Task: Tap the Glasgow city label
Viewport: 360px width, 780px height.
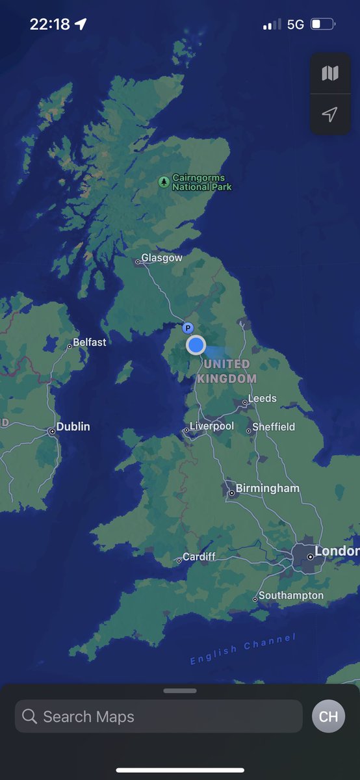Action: (162, 258)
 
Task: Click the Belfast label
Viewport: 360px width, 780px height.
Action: (89, 342)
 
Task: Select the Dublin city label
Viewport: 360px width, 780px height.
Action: (73, 427)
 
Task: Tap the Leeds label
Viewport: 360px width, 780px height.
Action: (262, 398)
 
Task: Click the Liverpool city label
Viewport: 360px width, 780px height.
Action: (211, 426)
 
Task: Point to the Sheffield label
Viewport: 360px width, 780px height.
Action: (273, 427)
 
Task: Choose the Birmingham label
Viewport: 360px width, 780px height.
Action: (267, 488)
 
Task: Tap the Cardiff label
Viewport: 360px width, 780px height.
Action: (198, 557)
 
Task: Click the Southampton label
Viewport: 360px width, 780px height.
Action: (290, 595)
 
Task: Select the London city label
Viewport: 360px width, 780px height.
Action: (337, 552)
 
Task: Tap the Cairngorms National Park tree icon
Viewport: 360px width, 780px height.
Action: (165, 182)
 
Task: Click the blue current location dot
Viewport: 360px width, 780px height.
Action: (196, 345)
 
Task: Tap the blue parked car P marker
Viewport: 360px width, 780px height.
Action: (188, 328)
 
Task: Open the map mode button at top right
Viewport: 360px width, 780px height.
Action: (330, 73)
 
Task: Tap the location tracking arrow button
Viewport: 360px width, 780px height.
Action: (330, 115)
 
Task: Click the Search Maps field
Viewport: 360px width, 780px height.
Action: (159, 716)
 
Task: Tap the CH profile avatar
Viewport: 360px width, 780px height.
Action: (328, 716)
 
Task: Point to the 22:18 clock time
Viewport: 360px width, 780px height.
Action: (49, 25)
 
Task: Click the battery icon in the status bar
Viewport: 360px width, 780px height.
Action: (323, 25)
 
